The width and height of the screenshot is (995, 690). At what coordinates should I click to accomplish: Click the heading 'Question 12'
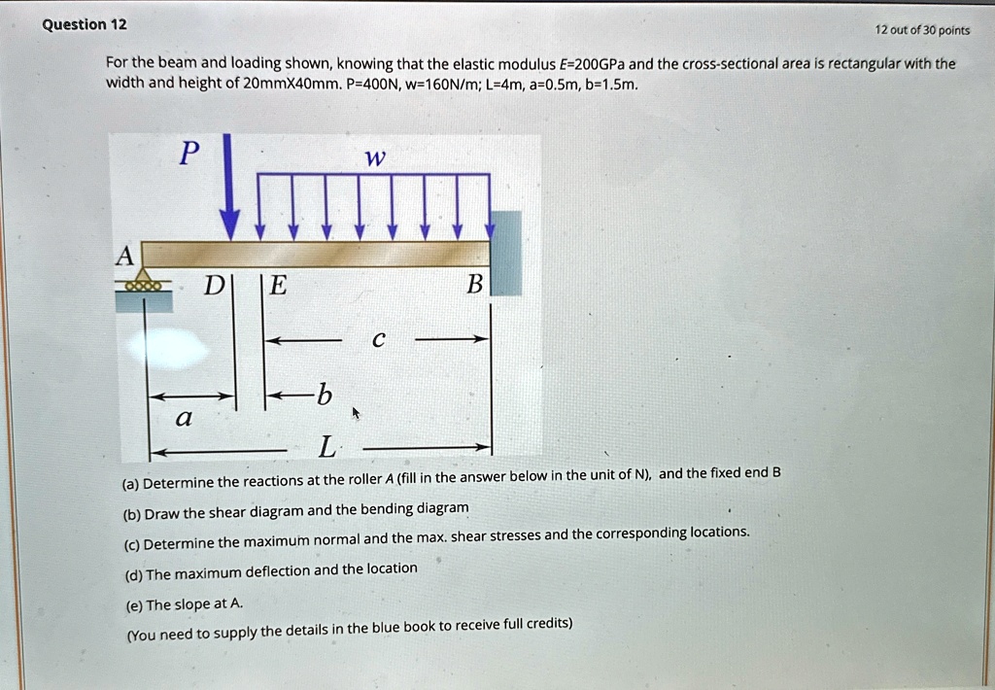[x=84, y=24]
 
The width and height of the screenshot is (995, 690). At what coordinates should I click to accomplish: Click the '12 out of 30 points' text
[x=922, y=30]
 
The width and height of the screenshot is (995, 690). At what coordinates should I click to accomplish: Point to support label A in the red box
[x=124, y=256]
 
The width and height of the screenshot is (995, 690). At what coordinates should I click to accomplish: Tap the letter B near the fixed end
[x=474, y=285]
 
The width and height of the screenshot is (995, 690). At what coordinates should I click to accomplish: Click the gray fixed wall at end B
[x=506, y=253]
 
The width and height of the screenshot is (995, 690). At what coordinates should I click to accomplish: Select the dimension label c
[x=378, y=340]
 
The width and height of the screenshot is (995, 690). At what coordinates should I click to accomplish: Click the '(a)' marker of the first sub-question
[x=130, y=482]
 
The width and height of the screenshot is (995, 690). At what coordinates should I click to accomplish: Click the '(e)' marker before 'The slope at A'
[x=132, y=604]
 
